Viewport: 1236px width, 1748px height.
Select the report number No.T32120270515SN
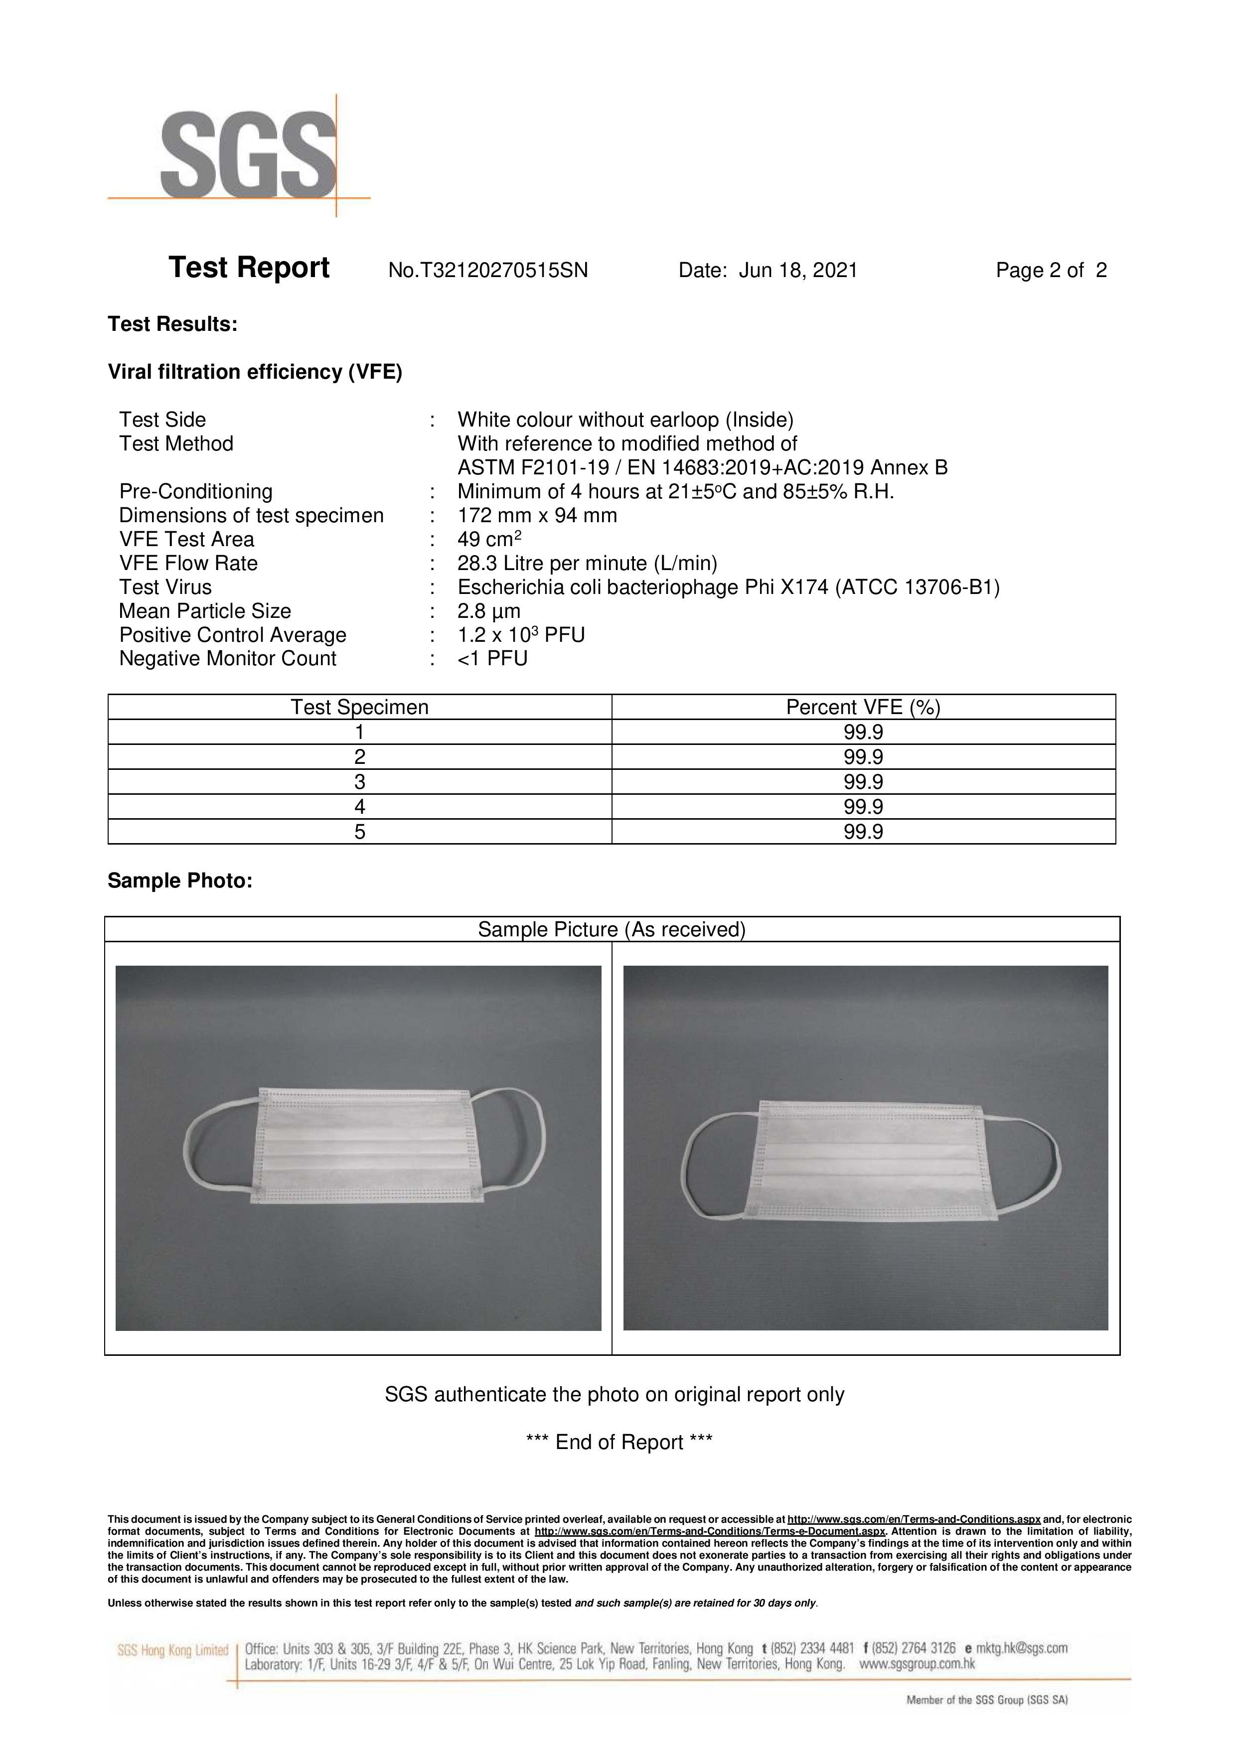pyautogui.click(x=487, y=271)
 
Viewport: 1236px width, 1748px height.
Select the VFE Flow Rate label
pyautogui.click(x=188, y=564)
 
